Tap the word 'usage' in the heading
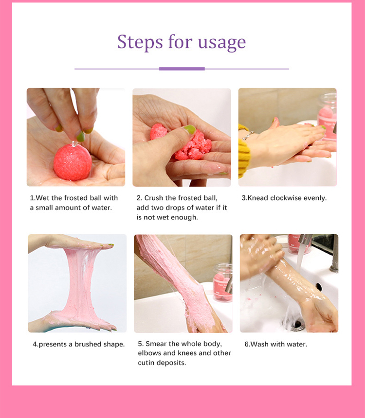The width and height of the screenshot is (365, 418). pyautogui.click(x=221, y=42)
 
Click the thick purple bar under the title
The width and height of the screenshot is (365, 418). pyautogui.click(x=182, y=69)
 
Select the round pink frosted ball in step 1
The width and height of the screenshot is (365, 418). pyautogui.click(x=72, y=161)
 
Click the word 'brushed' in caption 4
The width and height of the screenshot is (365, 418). pyautogui.click(x=86, y=344)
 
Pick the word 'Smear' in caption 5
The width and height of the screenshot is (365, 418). pyautogui.click(x=156, y=343)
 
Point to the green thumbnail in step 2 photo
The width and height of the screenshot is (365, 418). pyautogui.click(x=189, y=129)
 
